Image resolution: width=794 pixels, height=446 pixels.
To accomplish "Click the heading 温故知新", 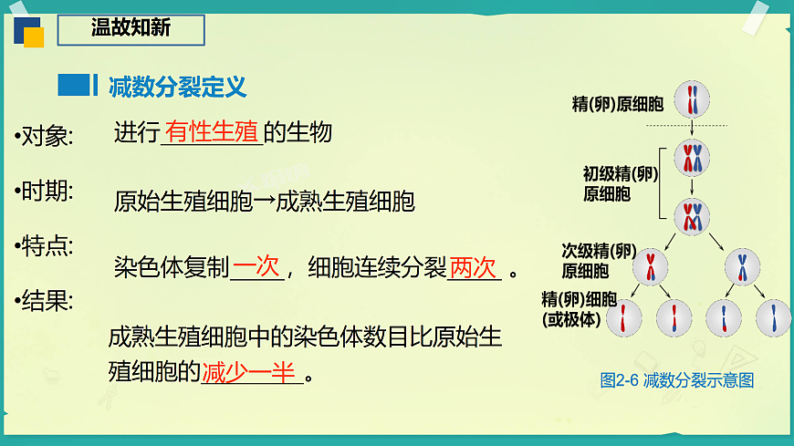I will pos(131,28).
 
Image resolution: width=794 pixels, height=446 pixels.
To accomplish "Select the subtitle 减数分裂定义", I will pos(177,87).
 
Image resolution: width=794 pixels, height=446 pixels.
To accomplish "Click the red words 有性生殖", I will pos(212,132).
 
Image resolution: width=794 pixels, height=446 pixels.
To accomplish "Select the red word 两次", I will pos(473,268).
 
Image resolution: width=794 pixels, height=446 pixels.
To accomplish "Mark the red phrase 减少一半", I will pos(250,372).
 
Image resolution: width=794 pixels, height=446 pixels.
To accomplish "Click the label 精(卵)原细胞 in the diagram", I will pos(618,103).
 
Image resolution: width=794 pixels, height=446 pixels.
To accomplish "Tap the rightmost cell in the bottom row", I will pos(774,317).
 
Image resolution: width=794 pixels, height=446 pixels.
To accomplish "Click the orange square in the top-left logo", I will pos(33,36).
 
